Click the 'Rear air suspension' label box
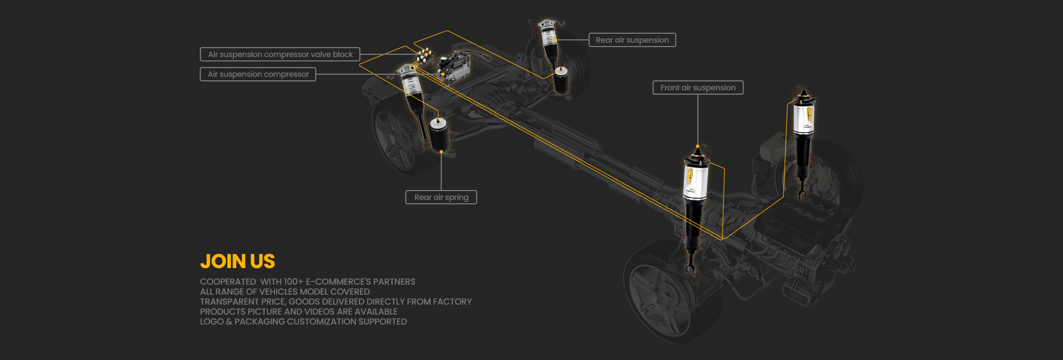point(632,40)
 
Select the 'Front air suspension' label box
point(698,88)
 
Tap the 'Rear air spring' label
point(441,197)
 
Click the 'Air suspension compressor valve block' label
point(280,54)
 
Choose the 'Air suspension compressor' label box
point(258,74)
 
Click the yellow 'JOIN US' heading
point(238,261)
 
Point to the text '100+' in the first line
point(293,282)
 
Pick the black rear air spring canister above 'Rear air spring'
point(439,134)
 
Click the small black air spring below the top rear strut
point(561,80)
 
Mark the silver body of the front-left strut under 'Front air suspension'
point(695,176)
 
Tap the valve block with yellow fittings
point(425,55)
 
